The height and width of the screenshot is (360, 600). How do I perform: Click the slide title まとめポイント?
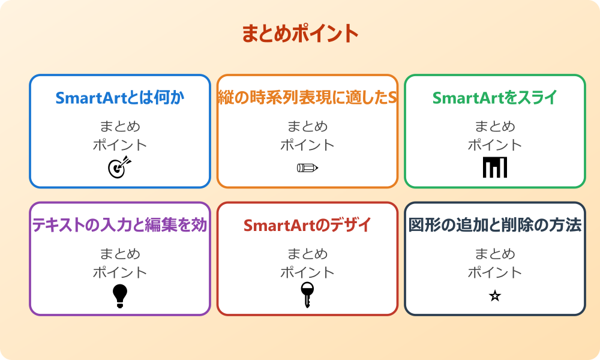tap(300, 34)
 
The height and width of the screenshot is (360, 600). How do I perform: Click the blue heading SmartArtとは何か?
tap(120, 98)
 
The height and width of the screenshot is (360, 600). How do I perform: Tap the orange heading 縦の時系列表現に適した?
tap(307, 98)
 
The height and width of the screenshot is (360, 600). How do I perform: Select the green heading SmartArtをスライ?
tap(495, 98)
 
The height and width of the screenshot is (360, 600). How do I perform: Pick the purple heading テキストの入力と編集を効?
tap(120, 225)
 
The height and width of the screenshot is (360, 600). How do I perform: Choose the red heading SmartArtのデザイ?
tap(307, 225)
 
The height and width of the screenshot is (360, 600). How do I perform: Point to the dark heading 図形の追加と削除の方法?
tap(495, 225)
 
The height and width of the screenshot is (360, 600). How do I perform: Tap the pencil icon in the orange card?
tap(307, 167)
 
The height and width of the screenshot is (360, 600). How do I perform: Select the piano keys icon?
tap(495, 167)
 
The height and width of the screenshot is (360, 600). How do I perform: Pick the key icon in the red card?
tap(307, 295)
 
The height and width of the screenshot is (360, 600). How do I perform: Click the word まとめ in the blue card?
tap(120, 127)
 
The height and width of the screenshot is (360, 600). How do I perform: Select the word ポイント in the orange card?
tap(307, 145)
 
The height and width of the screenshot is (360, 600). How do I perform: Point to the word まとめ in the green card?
tap(495, 127)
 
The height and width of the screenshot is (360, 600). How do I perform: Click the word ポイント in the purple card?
tap(120, 272)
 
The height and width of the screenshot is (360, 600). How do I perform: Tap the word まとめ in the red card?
tap(307, 254)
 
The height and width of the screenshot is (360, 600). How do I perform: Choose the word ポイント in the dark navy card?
tap(495, 272)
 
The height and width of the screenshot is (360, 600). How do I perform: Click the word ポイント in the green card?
tap(495, 145)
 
